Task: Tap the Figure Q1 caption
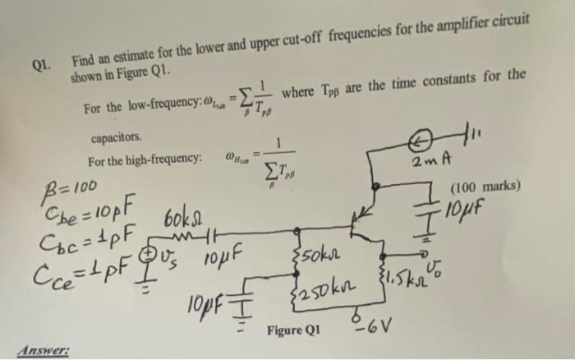point(294,330)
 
